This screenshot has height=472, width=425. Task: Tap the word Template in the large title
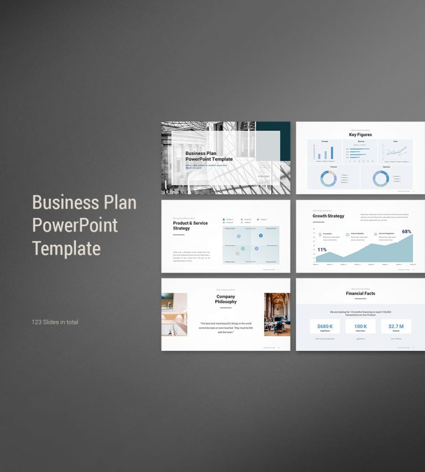click(66, 248)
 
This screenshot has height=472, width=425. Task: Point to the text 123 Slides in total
click(55, 322)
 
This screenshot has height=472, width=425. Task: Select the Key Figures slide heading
click(360, 134)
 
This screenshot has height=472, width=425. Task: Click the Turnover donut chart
click(328, 178)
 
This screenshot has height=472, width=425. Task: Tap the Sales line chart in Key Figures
click(396, 152)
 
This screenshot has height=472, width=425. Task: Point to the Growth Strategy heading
click(328, 216)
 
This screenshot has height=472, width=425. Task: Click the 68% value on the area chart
click(407, 232)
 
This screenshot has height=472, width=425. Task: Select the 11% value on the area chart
click(322, 250)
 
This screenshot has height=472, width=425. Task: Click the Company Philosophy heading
click(226, 299)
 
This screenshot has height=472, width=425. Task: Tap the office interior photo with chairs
click(277, 314)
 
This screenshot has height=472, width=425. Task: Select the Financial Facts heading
click(360, 294)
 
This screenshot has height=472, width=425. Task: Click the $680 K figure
click(325, 326)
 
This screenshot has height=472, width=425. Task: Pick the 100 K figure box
click(360, 326)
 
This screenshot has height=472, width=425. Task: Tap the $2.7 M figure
click(396, 326)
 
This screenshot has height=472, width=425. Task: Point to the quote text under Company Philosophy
click(226, 328)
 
